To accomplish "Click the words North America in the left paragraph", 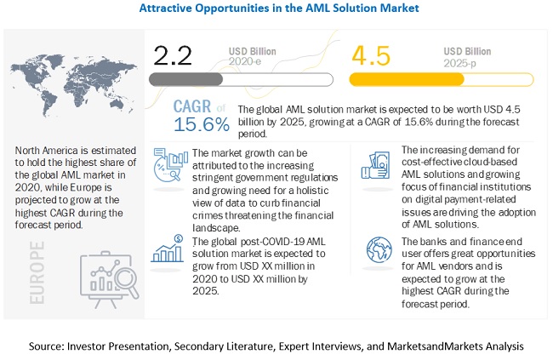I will coord(49,151).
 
